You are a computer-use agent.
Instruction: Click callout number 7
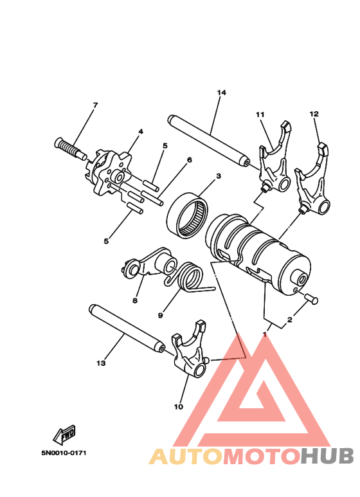pos(94,105)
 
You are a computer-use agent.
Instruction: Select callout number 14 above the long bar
pos(221,93)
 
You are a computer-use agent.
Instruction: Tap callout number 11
pos(260,114)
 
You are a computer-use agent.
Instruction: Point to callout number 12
pos(314,114)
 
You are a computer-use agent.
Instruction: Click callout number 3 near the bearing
pos(219,176)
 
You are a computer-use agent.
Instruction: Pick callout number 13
pos(100,363)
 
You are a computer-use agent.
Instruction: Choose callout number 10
pos(178,406)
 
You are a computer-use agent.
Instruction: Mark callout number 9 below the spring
pos(160,315)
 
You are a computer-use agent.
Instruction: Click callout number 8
pos(135,300)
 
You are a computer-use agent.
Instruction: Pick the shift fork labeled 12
pos(312,186)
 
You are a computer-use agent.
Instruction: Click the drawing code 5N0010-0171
pos(64,453)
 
